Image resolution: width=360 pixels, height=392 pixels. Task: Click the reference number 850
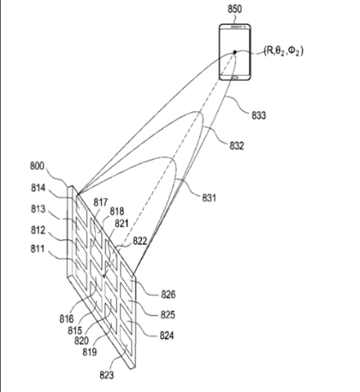[235, 9]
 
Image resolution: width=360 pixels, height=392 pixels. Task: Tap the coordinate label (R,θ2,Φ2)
[283, 51]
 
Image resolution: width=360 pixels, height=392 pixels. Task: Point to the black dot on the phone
[235, 52]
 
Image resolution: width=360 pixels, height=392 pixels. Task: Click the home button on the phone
[235, 78]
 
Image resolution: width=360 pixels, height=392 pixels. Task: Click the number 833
[258, 115]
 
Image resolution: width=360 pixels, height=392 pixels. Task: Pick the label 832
[236, 146]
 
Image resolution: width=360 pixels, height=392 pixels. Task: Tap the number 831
[209, 198]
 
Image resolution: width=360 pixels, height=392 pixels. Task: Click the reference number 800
[37, 166]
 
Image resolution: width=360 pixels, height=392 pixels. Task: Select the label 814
[38, 188]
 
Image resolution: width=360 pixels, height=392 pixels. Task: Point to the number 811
[38, 249]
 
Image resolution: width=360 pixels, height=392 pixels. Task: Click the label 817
[101, 202]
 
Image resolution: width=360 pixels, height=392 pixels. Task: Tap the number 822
[140, 241]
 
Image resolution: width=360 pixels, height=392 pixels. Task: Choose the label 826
[168, 294]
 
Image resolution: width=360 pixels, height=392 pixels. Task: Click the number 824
[167, 335]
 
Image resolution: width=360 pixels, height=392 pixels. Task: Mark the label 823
[107, 375]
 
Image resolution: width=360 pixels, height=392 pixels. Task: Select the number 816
[67, 318]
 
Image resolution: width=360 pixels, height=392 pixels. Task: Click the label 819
[90, 352]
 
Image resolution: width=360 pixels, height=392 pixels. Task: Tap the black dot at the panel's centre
[105, 276]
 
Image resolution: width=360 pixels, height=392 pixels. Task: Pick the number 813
[38, 209]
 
